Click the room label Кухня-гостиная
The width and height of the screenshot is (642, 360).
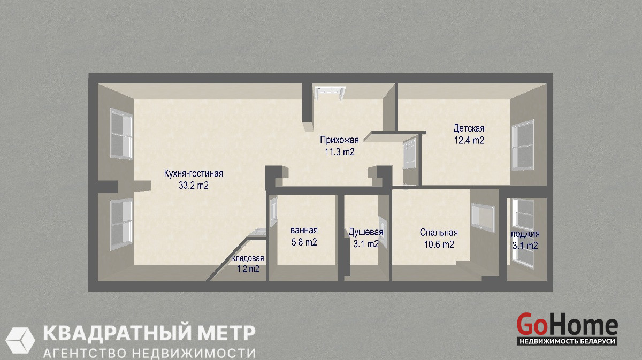[x=194, y=173]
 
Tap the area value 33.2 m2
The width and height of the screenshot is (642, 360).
[x=194, y=186]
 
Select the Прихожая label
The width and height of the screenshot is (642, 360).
[x=339, y=140]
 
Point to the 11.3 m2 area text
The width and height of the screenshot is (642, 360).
[x=339, y=151]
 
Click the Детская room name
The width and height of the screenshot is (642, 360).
[x=469, y=128]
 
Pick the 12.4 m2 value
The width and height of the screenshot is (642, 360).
[x=469, y=140]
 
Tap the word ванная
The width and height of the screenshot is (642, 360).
[x=304, y=230]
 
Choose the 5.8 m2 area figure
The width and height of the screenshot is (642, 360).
[x=304, y=242]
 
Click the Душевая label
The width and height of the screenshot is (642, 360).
[x=366, y=232]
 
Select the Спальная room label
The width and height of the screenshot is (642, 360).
[x=439, y=232]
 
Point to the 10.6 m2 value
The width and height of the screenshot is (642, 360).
[x=439, y=244]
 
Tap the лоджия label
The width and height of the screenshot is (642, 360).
[x=525, y=234]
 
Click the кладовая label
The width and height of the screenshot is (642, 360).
[x=248, y=258]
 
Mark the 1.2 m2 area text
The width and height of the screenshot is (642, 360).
[x=248, y=269]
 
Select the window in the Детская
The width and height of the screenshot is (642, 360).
[x=523, y=145]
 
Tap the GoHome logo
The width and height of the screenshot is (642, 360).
[x=567, y=329]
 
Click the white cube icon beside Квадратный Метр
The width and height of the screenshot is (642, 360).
[x=20, y=341]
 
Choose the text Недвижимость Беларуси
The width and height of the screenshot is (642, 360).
[x=567, y=341]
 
